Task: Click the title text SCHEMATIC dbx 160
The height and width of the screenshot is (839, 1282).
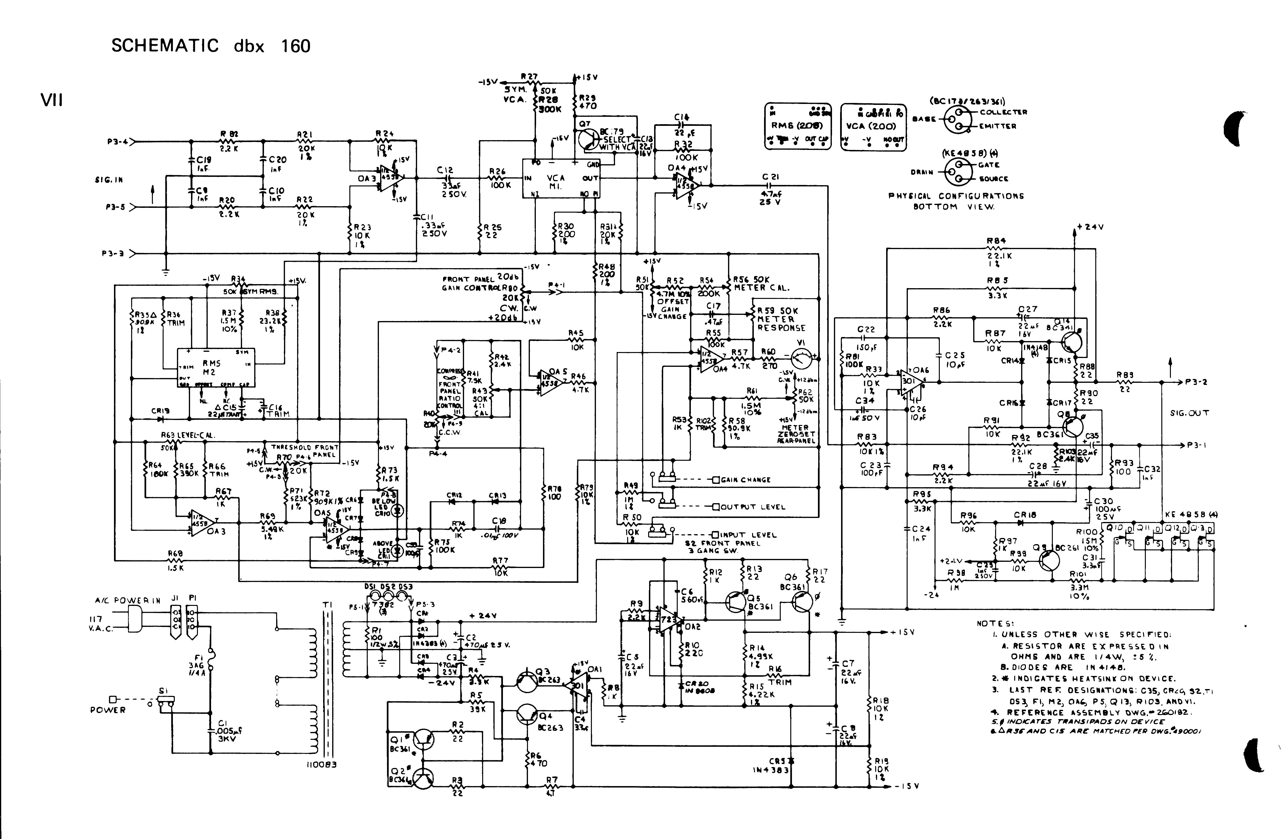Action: pyautogui.click(x=211, y=46)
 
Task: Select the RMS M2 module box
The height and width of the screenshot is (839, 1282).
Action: pyautogui.click(x=216, y=367)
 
